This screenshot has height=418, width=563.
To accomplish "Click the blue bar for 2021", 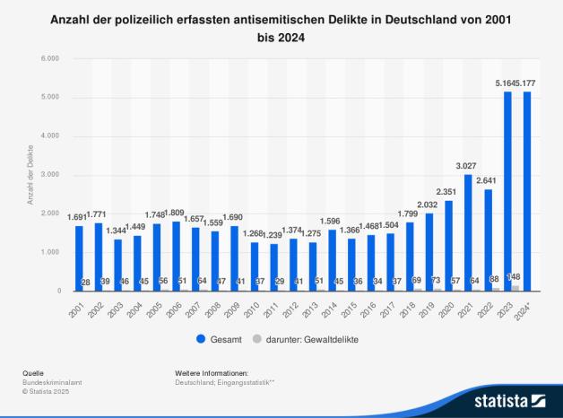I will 467,232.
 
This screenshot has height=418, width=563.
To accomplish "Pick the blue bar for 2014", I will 331,260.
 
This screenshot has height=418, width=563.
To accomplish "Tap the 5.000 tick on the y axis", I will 49,97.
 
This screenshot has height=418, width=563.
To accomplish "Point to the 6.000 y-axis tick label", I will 49,58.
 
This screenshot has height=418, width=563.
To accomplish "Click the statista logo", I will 509,399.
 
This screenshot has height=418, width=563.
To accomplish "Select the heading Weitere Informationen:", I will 212,372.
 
